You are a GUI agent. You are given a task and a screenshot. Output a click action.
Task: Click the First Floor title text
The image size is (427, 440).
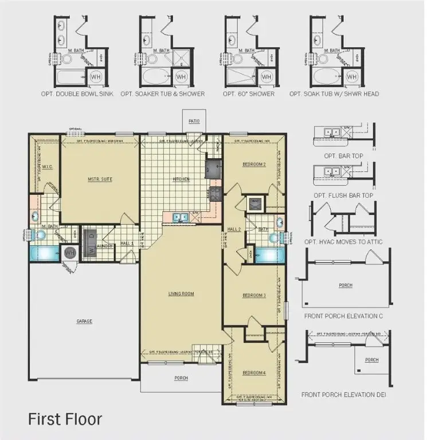[65, 419]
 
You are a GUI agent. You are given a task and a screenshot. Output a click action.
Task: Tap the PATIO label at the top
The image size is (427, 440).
[194, 121]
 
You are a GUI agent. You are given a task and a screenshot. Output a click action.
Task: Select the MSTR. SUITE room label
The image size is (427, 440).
[100, 179]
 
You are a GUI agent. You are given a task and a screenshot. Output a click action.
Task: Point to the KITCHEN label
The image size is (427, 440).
[181, 179]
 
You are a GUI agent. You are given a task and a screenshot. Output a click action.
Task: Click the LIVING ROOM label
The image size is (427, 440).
[181, 294]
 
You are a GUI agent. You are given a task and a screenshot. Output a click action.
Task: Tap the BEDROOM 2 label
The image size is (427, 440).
[254, 164]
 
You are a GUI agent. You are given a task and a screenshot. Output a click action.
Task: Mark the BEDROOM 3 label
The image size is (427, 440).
[254, 295]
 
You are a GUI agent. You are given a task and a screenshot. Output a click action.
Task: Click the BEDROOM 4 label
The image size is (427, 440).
[254, 373]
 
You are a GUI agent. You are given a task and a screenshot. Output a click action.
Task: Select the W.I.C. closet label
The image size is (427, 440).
[47, 168]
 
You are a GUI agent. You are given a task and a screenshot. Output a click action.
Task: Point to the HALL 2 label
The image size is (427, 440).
[233, 229]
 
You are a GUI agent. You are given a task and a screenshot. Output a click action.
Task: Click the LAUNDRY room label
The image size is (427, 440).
[105, 246]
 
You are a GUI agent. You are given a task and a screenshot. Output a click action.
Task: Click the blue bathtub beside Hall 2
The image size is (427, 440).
[269, 255]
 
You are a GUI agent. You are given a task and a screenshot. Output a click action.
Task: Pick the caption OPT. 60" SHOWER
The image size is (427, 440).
[249, 94]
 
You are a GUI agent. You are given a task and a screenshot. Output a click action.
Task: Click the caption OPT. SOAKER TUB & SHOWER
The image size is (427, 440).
[162, 94]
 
